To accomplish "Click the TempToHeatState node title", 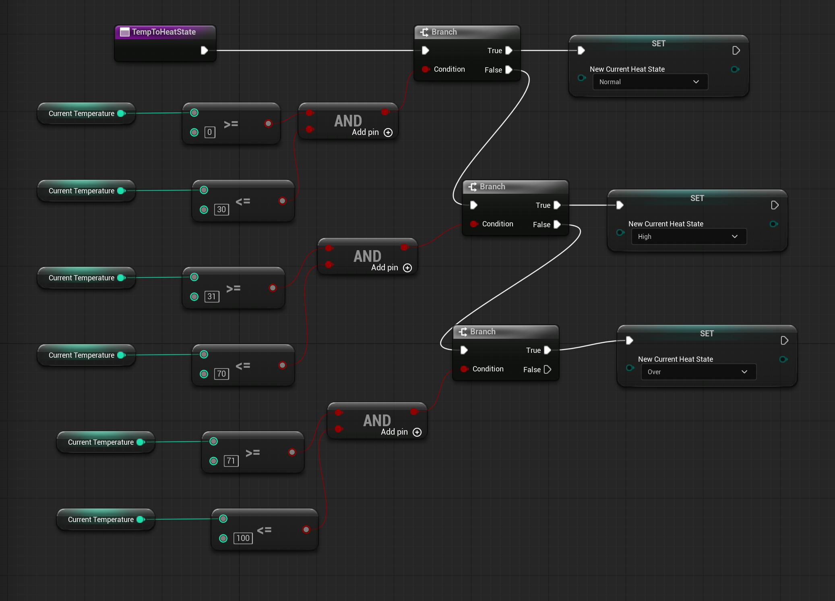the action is [x=164, y=32].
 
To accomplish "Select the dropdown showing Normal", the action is [x=650, y=82].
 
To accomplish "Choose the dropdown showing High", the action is [x=689, y=236].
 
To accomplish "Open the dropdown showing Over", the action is [x=699, y=372].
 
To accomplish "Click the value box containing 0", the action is [x=210, y=132].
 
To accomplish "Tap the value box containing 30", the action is [x=221, y=209].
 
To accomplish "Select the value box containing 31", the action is [x=212, y=296].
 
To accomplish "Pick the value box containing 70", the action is [x=221, y=374].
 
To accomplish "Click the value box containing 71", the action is [x=231, y=461].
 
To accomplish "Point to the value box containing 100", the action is [x=243, y=538].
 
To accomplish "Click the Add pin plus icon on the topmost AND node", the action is [x=388, y=133].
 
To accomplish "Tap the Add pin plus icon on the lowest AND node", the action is [x=417, y=432].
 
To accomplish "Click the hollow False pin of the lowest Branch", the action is [x=548, y=369].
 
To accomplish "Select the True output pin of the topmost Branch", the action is [x=509, y=50].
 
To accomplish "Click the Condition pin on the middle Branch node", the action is [x=474, y=224].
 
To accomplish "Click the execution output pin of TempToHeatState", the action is [x=205, y=50].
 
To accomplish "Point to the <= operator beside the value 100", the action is [x=264, y=530].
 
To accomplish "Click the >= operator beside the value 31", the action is [x=234, y=288].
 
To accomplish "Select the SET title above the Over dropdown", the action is [x=707, y=334].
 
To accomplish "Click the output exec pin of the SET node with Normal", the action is [x=736, y=50].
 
